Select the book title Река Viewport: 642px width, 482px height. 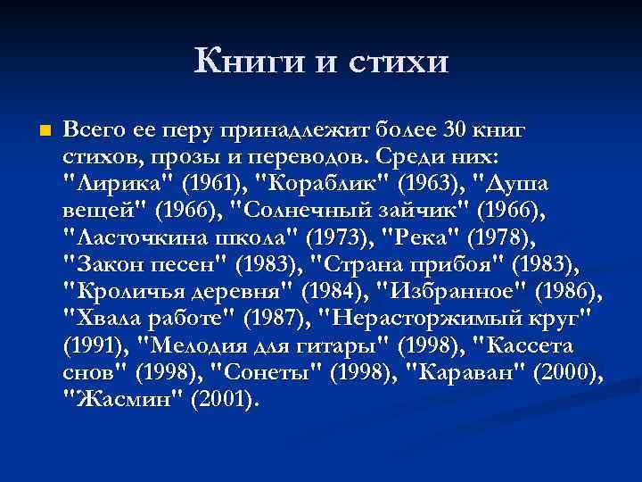pyautogui.click(x=416, y=238)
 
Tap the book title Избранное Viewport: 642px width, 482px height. pyautogui.click(x=447, y=292)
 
